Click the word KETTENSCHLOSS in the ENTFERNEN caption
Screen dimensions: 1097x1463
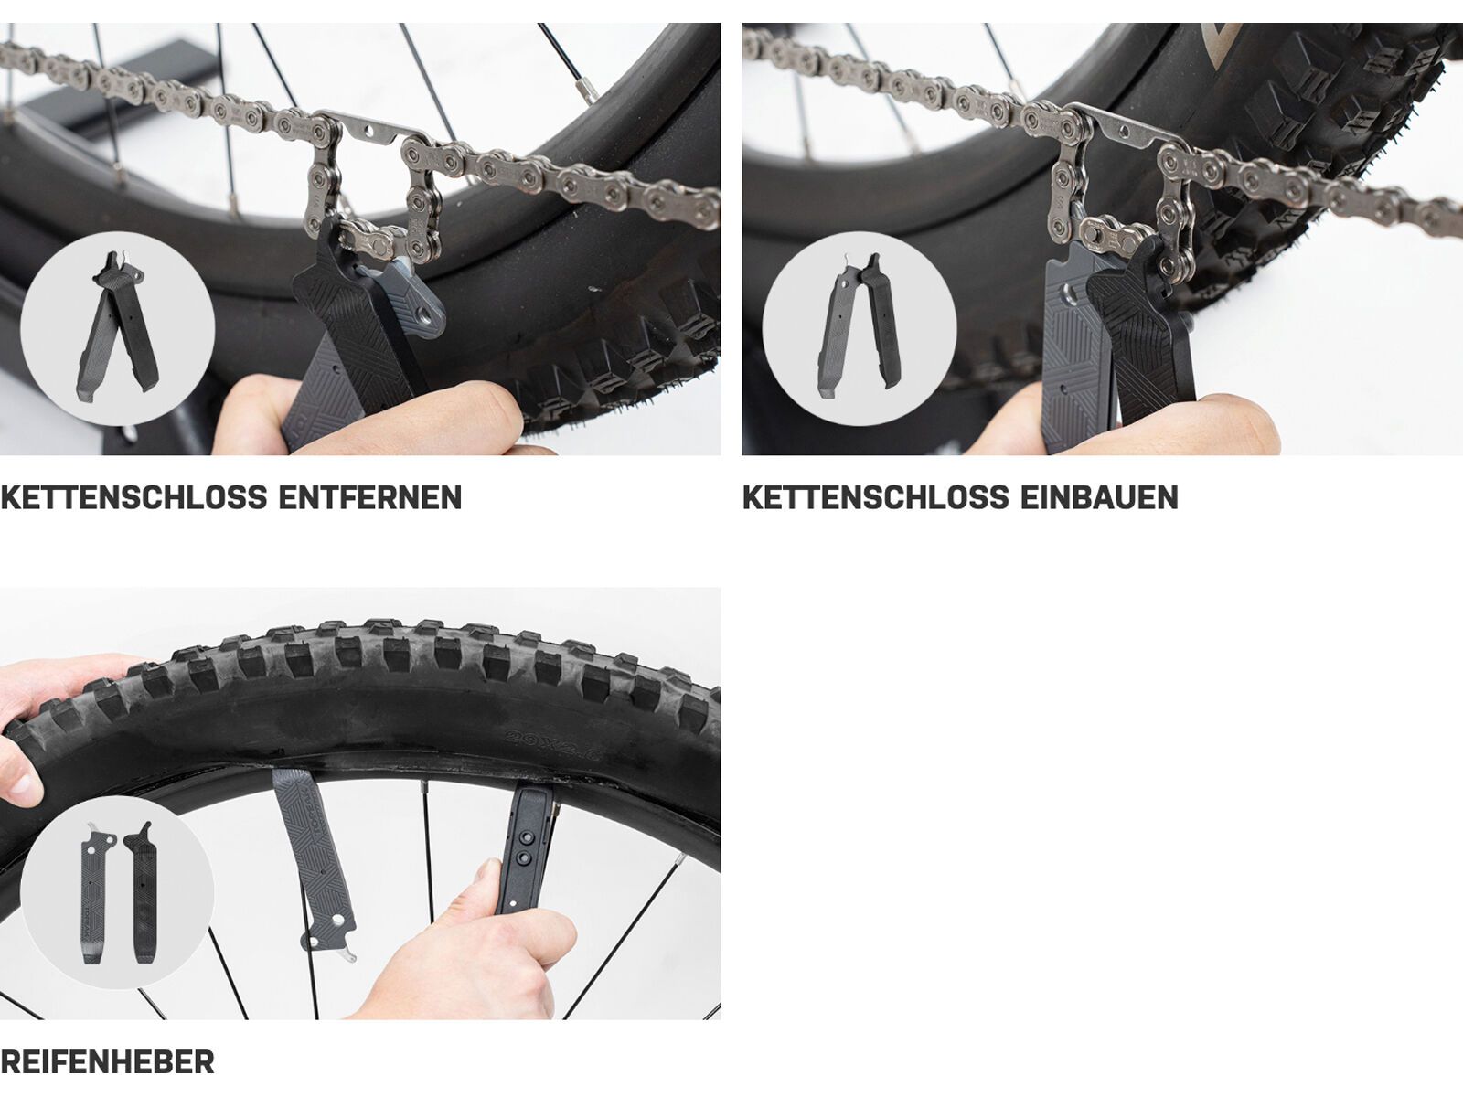(x=133, y=498)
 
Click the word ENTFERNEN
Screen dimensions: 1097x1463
(x=369, y=498)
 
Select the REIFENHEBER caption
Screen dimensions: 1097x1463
(x=107, y=1062)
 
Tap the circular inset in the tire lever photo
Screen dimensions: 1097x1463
(x=116, y=892)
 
